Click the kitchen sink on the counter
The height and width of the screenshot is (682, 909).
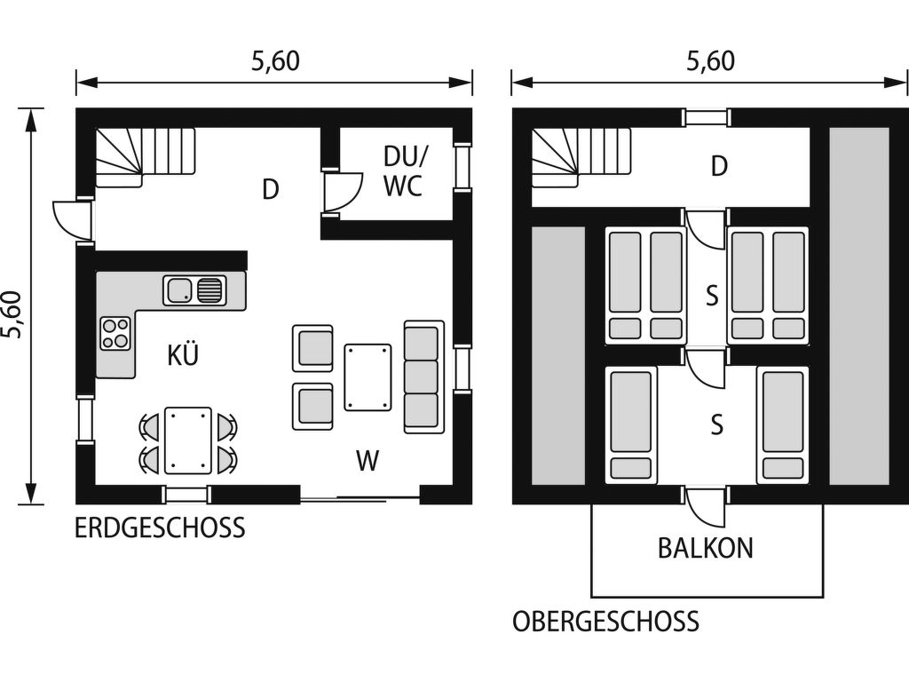click(x=194, y=290)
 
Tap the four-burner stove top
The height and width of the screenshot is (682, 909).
click(x=115, y=334)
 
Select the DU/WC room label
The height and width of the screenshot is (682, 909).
click(x=405, y=171)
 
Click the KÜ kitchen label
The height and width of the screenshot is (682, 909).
click(x=183, y=355)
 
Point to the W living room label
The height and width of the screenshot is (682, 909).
click(x=368, y=461)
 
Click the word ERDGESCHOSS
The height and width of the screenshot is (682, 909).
click(x=160, y=528)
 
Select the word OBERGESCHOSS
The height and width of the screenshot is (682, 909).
click(x=605, y=622)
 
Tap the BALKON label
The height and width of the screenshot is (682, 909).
click(x=706, y=548)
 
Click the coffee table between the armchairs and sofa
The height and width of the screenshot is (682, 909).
click(x=368, y=377)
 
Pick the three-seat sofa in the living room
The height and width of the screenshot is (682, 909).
click(x=423, y=377)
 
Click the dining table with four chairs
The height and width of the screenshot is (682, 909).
click(x=188, y=440)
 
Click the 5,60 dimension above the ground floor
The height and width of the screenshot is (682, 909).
click(x=275, y=61)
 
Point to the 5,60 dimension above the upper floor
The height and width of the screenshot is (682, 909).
click(x=710, y=61)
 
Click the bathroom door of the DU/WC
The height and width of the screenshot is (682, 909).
click(x=342, y=192)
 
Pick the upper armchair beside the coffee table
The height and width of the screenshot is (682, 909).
click(x=312, y=348)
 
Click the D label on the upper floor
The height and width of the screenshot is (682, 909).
click(x=719, y=166)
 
